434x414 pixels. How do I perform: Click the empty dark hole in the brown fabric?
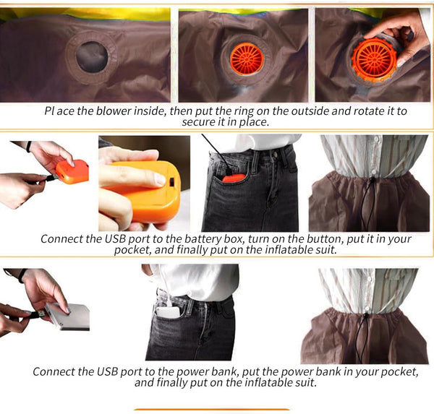click(92, 57)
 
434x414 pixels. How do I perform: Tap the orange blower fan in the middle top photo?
click(247, 59)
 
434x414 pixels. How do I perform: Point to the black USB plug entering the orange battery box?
click(50, 178)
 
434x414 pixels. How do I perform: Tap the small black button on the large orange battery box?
click(171, 181)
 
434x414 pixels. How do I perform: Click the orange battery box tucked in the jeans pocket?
click(234, 178)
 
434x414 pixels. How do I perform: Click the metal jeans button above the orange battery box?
click(274, 152)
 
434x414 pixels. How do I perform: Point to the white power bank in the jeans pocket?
click(168, 312)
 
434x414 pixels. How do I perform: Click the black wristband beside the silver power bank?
click(22, 275)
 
